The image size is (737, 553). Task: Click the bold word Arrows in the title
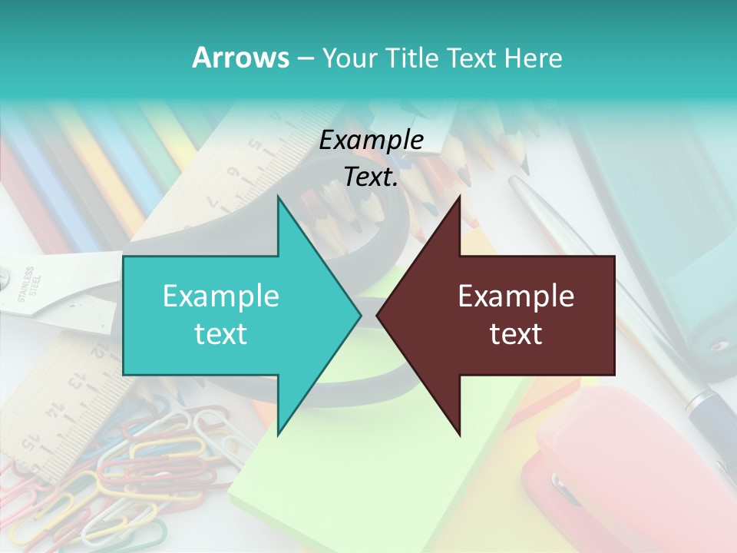[240, 58]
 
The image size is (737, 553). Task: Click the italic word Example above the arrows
[372, 141]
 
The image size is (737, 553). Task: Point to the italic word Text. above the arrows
[372, 177]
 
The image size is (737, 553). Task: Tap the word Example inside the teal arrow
[221, 296]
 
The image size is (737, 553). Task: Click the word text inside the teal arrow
[221, 334]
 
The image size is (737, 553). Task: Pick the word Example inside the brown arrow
[516, 296]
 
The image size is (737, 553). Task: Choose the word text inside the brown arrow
[516, 334]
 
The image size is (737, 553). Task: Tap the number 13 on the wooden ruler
[77, 382]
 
